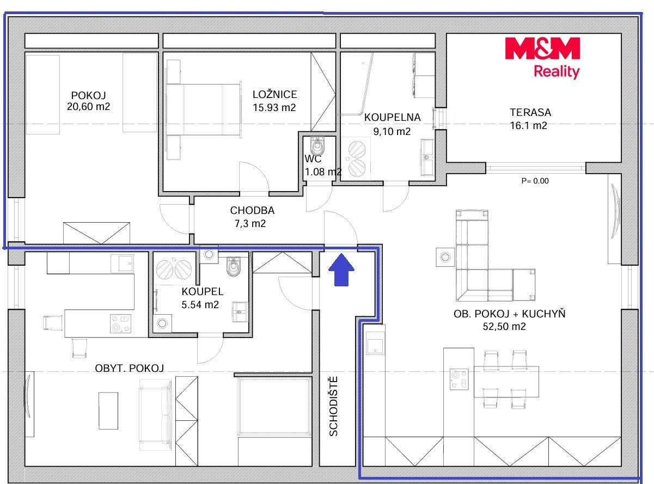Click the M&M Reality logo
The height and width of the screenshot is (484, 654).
pos(542,58)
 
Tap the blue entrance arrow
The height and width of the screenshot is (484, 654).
pos(341,269)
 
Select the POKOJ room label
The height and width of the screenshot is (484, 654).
pos(88,95)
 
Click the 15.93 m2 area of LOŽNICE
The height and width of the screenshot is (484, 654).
pos(274,108)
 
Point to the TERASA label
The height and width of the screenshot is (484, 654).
pos(530,112)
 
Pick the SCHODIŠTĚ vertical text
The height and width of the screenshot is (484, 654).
pos(333,406)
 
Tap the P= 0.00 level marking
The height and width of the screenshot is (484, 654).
pos(535,181)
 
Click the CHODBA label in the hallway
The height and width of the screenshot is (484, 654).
pos(253,211)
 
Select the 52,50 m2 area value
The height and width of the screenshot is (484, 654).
pos(504,327)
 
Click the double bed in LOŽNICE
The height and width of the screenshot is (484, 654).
pos(204,109)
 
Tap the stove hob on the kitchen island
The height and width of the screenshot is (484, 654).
pos(459,379)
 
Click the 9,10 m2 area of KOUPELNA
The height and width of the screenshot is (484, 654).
pos(392,131)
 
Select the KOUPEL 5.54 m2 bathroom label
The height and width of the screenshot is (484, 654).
pos(202,298)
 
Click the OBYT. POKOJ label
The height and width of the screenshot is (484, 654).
pos(130,368)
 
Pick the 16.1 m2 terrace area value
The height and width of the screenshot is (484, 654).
pos(529,126)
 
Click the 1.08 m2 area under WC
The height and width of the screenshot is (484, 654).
pos(323,172)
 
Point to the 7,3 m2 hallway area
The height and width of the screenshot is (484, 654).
pos(250,224)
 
